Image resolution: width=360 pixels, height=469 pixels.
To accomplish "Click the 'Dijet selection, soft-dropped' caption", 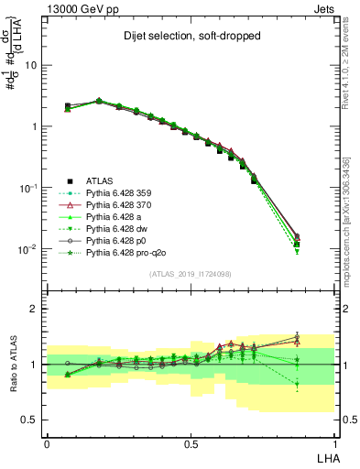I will coord(188,38).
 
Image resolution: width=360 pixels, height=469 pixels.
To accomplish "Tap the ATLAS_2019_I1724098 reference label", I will coord(191,274).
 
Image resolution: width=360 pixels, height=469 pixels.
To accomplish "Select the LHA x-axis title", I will coord(326,457).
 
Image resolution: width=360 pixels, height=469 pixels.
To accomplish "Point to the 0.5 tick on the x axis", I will coord(191,442).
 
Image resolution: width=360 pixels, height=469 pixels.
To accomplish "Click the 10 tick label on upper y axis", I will coord(30,65).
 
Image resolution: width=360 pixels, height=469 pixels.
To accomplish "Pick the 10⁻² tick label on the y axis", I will coord(27,249).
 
